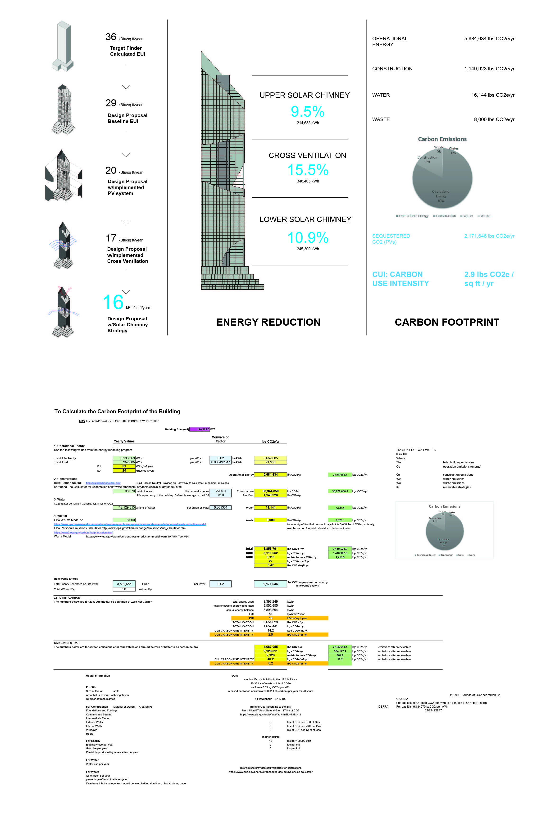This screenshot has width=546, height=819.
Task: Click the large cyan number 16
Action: click(113, 302)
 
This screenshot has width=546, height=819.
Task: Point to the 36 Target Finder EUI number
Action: click(111, 37)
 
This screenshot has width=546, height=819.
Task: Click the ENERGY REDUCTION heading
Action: click(268, 322)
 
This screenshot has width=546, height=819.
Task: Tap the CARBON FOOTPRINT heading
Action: click(447, 322)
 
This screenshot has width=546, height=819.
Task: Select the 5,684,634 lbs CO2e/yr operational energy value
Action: click(489, 39)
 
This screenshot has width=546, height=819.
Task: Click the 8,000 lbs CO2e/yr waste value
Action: click(494, 119)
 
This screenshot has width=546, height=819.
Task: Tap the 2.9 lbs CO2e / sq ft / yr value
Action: click(489, 279)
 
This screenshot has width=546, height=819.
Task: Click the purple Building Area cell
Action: click(200, 429)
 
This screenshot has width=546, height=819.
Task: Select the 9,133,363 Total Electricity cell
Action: click(124, 458)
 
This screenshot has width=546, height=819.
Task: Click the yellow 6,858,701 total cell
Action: click(270, 549)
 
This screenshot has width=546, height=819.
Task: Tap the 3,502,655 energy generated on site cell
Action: click(124, 584)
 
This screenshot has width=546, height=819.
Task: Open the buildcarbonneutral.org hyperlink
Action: click(103, 483)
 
